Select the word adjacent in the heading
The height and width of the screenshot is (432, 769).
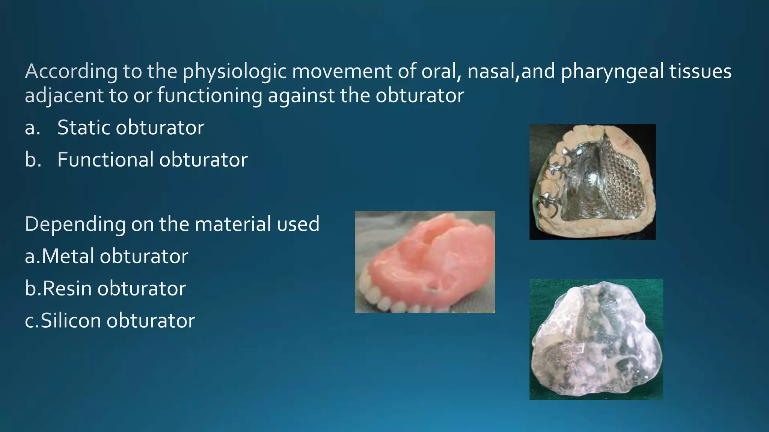[64, 96]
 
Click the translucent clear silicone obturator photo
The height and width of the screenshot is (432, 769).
[596, 339]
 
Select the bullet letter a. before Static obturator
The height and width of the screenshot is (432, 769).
[32, 128]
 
